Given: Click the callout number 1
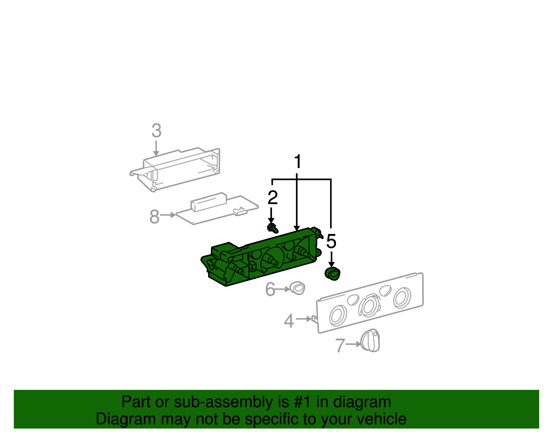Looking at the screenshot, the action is click(298, 162).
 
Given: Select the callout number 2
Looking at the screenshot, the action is click(273, 197).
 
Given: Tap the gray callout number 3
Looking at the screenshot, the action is click(157, 131).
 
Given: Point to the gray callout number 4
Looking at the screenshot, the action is click(289, 321).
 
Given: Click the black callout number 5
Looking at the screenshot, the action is click(331, 241).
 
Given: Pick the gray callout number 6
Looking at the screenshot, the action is click(270, 289).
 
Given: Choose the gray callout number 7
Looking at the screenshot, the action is click(340, 346).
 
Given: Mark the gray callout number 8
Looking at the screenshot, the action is click(154, 217).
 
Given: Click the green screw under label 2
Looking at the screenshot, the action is click(273, 228).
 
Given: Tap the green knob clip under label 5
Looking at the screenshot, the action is click(332, 274).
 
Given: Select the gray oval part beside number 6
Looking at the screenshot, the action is click(298, 288).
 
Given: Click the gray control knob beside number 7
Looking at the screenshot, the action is click(370, 341).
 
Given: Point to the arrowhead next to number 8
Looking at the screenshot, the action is click(173, 215).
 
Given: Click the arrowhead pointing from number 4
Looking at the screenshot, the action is click(309, 319).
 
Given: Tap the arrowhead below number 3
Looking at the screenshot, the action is click(156, 153).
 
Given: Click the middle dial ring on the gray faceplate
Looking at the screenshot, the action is click(369, 306).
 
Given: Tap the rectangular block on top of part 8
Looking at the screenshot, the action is click(209, 202).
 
